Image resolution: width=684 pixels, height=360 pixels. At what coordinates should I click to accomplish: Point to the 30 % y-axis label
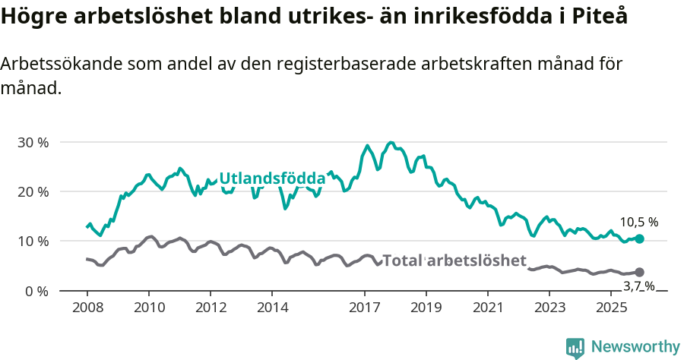[33, 142]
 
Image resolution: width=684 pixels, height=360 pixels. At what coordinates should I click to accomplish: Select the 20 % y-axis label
[33, 191]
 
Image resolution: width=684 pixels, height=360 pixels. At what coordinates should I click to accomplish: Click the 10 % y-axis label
[33, 241]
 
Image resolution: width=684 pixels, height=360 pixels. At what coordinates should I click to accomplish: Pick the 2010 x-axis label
[148, 308]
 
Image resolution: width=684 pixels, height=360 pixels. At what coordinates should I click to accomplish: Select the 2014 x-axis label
[272, 308]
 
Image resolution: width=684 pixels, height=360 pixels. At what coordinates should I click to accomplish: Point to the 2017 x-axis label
[364, 308]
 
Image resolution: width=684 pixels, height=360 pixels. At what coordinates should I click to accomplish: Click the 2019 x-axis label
[426, 308]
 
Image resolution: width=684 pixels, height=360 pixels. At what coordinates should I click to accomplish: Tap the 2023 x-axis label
[549, 308]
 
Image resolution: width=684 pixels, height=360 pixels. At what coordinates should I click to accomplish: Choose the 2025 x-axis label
[611, 308]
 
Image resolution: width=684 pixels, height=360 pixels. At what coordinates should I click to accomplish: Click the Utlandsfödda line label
[272, 178]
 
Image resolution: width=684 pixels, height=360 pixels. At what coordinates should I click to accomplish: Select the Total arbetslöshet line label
[454, 261]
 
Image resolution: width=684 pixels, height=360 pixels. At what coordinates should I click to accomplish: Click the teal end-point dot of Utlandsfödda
[639, 238]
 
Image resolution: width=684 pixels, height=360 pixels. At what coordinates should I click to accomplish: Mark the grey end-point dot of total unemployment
[639, 272]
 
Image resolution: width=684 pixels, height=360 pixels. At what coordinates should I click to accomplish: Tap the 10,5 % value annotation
[638, 223]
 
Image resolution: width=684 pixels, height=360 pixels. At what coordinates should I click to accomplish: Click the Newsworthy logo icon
[575, 348]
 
